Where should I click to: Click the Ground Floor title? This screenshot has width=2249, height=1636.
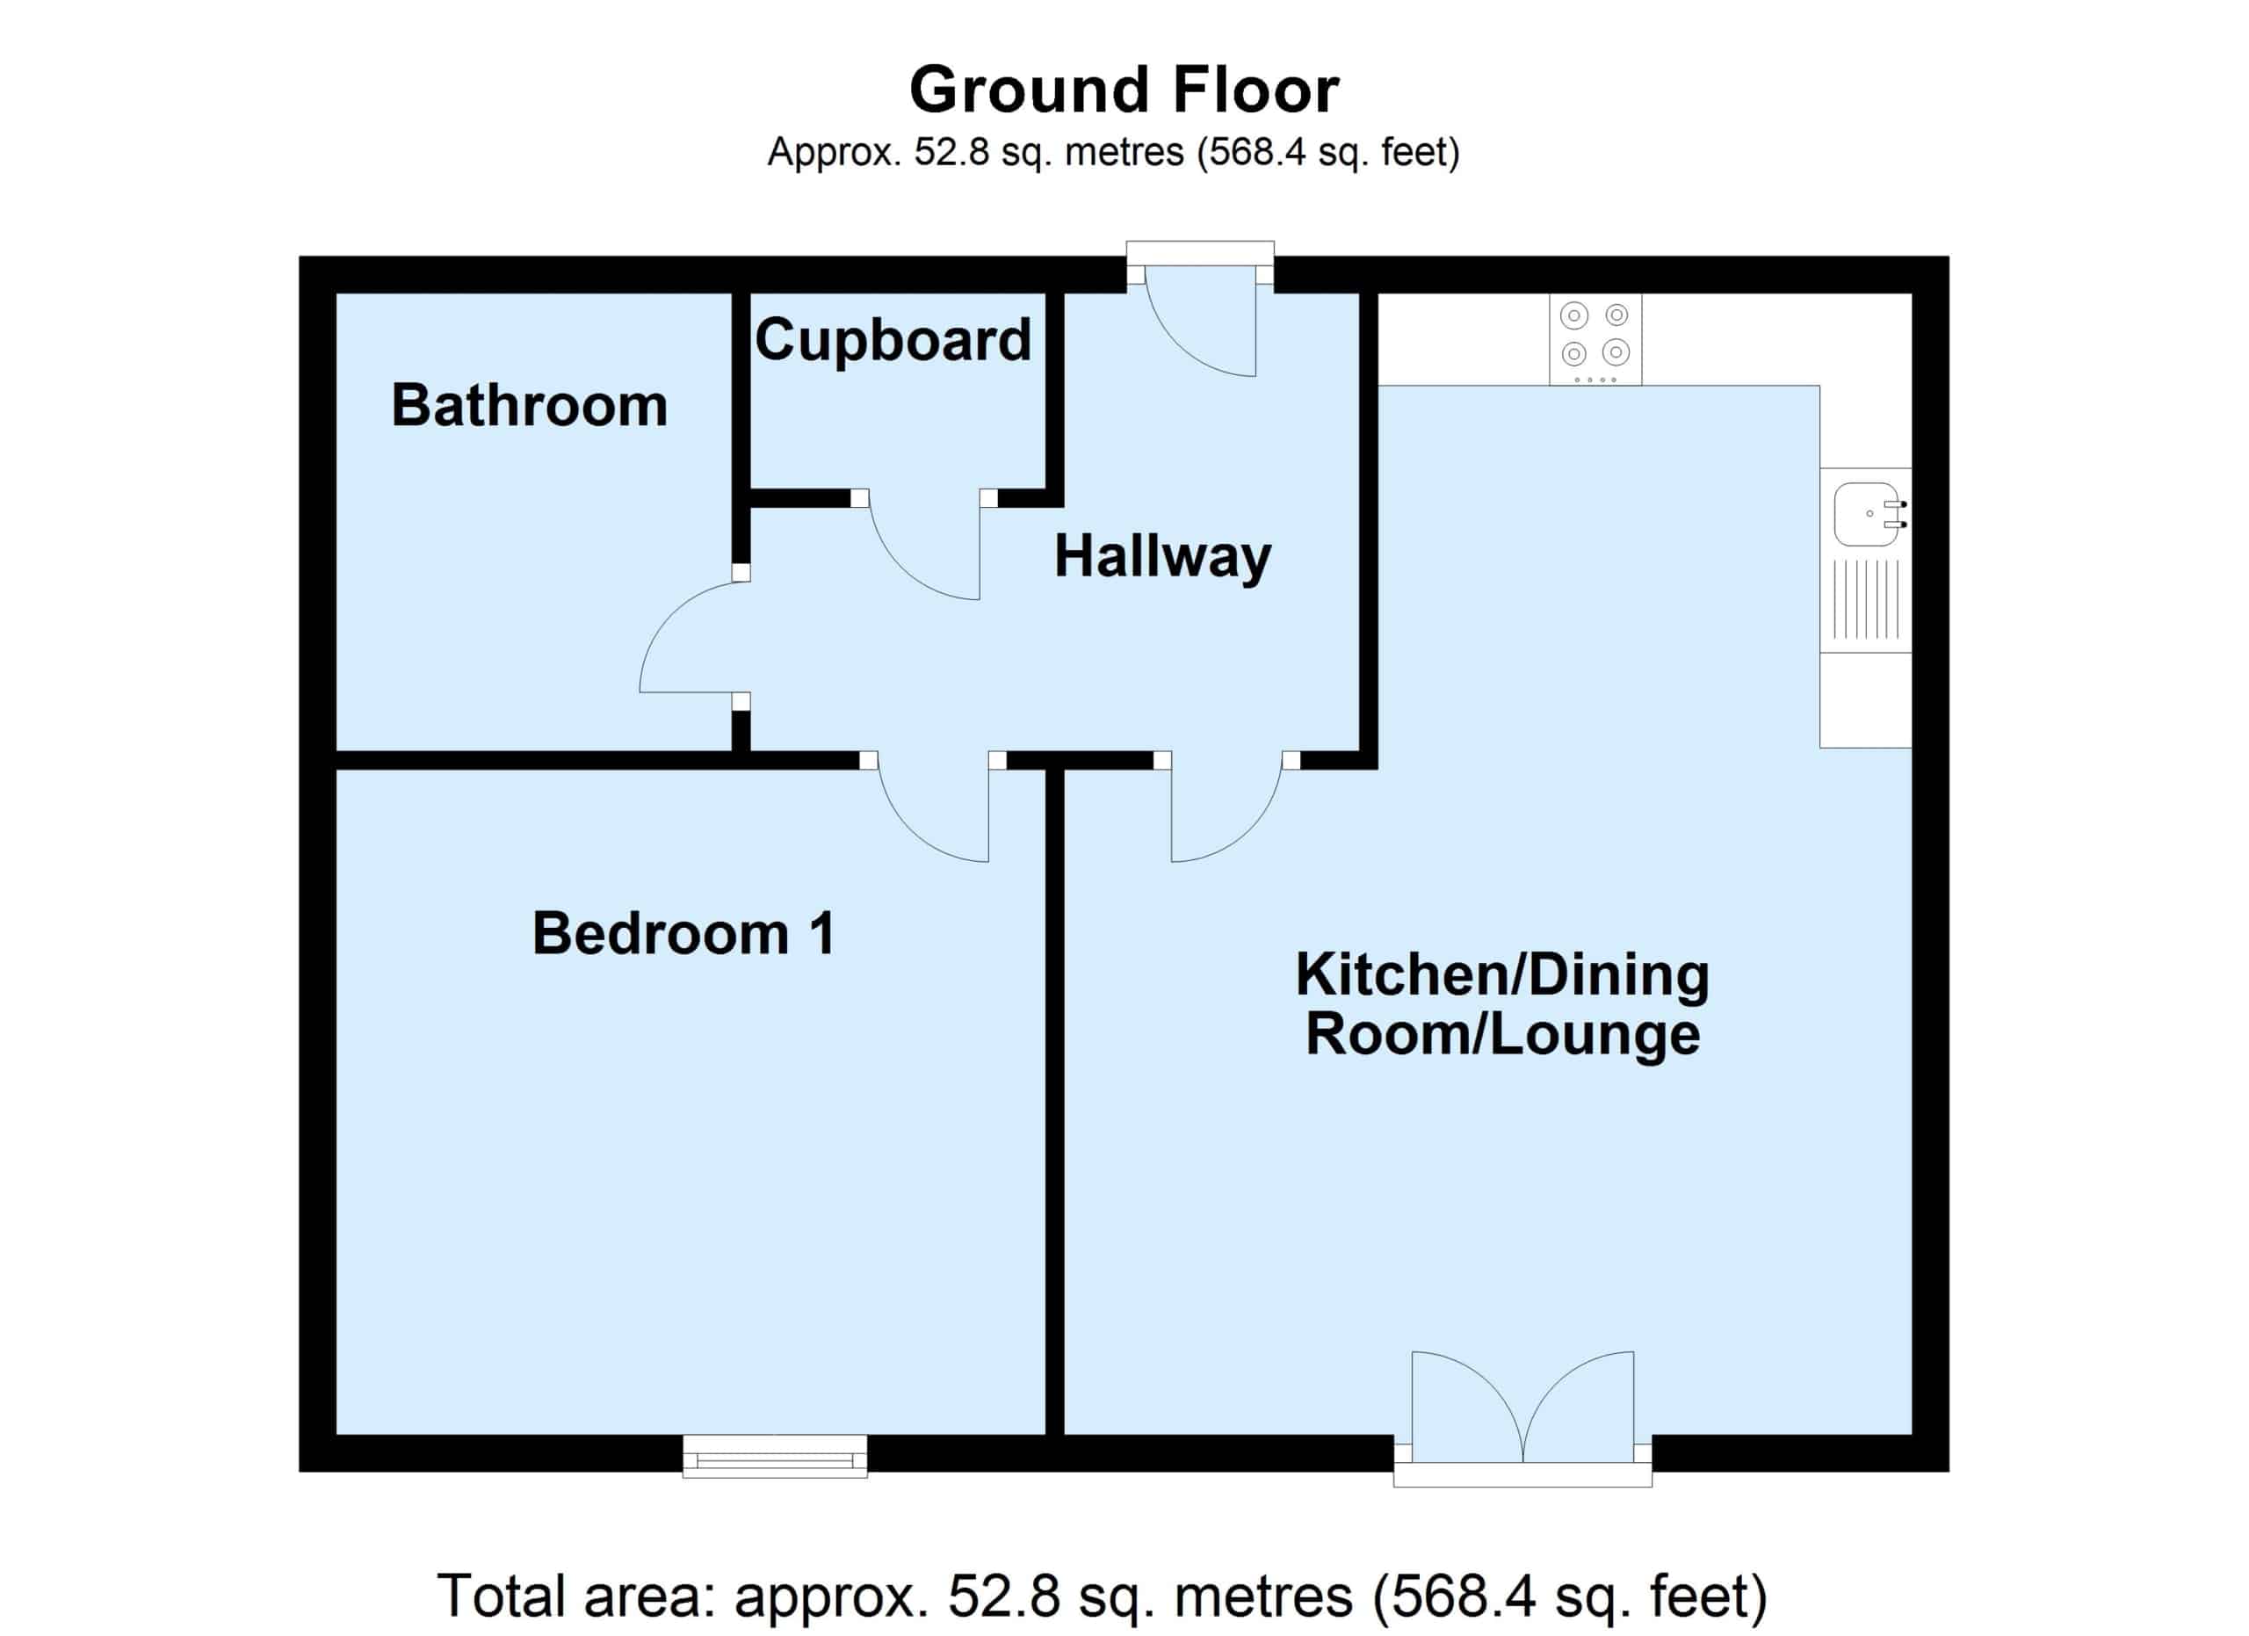click(x=1124, y=90)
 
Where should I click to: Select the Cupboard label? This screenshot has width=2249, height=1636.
click(x=893, y=340)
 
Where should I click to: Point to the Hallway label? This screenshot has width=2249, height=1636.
click(x=1162, y=557)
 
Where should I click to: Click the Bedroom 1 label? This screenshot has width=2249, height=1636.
click(x=683, y=933)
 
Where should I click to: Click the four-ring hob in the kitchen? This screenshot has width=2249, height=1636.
click(x=1595, y=339)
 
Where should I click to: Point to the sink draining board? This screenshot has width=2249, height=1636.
click(x=1865, y=599)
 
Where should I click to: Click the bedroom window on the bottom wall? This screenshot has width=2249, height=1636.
click(x=775, y=1456)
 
